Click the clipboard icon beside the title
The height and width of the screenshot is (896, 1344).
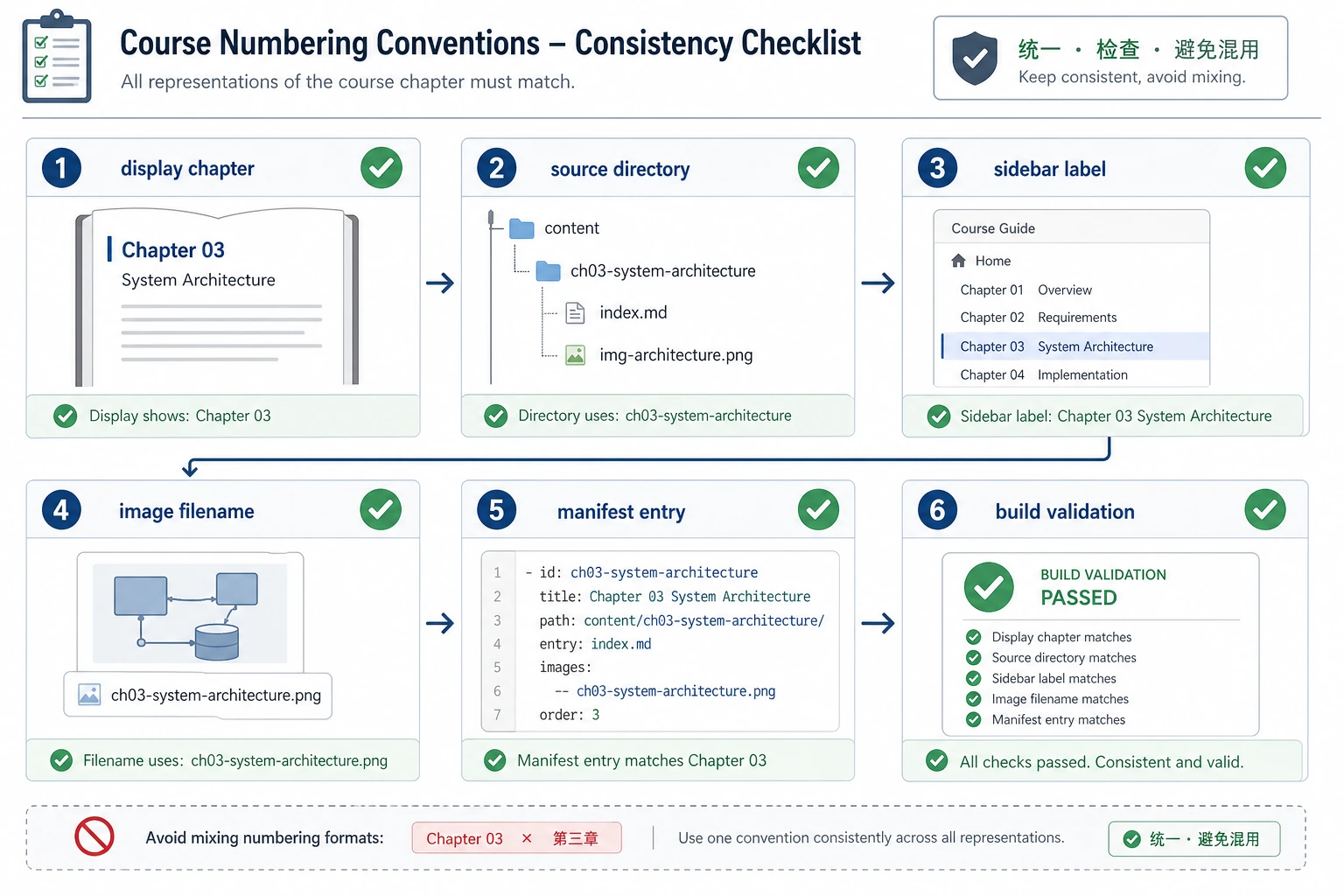[x=57, y=56]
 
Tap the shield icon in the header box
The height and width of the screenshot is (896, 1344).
[x=975, y=58]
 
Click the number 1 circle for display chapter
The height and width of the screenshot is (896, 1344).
[x=61, y=168]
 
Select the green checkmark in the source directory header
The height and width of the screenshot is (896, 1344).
[x=818, y=168]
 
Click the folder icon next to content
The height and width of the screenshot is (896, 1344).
[x=521, y=228]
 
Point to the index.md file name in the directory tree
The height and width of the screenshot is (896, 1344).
[x=633, y=312]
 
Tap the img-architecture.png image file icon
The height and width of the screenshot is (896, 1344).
[x=576, y=355]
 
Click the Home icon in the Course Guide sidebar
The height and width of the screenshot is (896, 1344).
[x=958, y=261]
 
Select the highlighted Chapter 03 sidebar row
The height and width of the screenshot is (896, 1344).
[x=1075, y=346]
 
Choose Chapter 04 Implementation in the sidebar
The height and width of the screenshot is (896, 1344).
[x=1043, y=375]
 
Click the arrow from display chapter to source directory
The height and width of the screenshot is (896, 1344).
[x=440, y=283]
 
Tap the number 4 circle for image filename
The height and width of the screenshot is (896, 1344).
[x=61, y=510]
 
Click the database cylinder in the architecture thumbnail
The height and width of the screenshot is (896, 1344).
[x=217, y=642]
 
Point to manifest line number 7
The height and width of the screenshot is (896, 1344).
[x=497, y=715]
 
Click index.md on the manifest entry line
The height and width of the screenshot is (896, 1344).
[x=621, y=644]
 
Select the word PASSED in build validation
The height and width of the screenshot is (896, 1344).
[x=1078, y=598]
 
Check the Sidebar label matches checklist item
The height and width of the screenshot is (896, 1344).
[x=1053, y=678]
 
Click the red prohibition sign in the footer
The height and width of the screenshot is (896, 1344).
[x=94, y=836]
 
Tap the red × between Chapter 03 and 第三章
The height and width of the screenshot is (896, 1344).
[x=527, y=837]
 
